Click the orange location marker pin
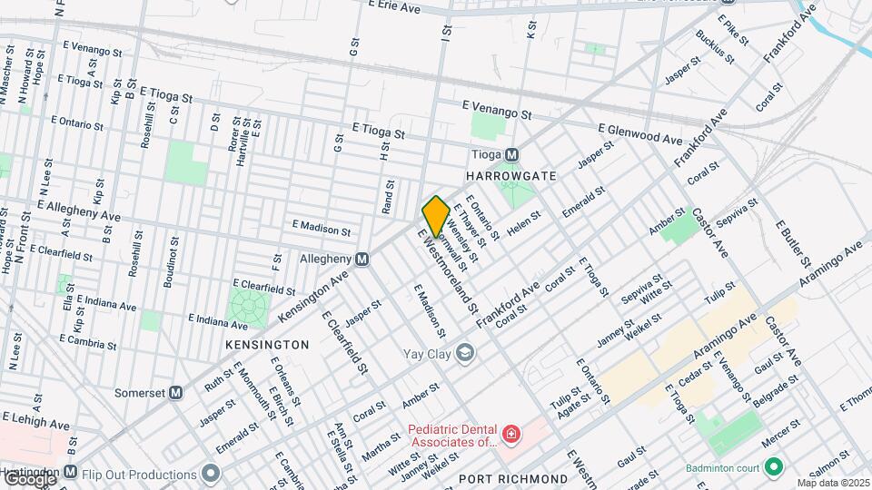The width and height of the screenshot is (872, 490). click(x=436, y=216)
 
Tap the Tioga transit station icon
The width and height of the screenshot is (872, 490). click(x=512, y=154)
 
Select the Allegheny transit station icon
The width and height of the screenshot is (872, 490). click(x=362, y=260)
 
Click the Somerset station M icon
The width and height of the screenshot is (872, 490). click(x=176, y=393)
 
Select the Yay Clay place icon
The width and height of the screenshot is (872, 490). click(x=466, y=352)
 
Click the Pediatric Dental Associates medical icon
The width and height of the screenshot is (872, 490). click(x=511, y=435)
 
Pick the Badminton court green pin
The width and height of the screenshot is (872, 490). click(x=774, y=467)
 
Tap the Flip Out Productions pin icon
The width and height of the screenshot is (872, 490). click(x=212, y=474)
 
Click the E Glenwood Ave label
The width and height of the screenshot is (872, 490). click(x=639, y=134)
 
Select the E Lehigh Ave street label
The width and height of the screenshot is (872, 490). click(x=35, y=422)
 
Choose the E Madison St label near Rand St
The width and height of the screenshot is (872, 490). click(x=321, y=230)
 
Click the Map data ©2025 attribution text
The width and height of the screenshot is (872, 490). click(x=832, y=483)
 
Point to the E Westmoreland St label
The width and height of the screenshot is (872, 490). click(x=448, y=270)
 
